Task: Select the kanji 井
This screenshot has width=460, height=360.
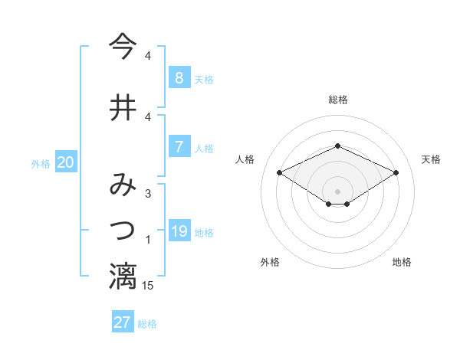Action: click(x=123, y=108)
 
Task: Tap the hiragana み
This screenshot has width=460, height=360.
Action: click(x=123, y=185)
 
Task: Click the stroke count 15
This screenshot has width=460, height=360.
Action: click(x=148, y=285)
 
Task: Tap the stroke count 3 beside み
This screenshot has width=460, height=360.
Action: click(x=148, y=194)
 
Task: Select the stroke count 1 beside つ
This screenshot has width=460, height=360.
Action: click(x=148, y=240)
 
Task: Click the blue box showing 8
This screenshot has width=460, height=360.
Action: click(x=179, y=78)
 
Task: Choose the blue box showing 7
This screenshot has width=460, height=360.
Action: click(x=179, y=147)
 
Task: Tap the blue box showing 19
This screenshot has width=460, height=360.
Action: click(x=179, y=231)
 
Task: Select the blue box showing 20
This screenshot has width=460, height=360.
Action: click(x=66, y=162)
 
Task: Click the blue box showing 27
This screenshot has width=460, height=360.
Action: click(x=123, y=322)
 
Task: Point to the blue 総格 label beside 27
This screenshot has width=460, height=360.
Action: click(x=147, y=324)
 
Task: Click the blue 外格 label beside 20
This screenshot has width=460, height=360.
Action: click(x=41, y=164)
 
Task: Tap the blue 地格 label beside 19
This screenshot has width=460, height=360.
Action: click(x=204, y=233)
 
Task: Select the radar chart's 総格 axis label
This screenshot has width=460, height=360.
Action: click(x=337, y=100)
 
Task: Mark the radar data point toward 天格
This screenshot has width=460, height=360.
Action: click(x=396, y=172)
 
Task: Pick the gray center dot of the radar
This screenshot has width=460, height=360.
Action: click(x=337, y=190)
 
